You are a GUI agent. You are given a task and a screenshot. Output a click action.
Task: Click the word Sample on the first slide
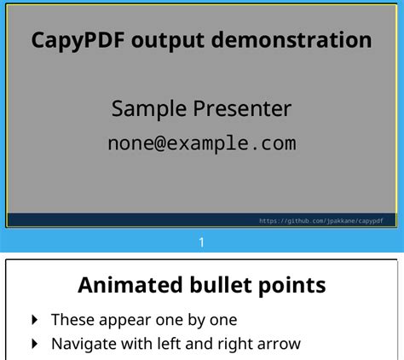coord(148,110)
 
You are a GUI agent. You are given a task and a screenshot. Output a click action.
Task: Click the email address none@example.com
coord(201,142)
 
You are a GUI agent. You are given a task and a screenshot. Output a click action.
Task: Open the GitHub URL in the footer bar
coord(321,221)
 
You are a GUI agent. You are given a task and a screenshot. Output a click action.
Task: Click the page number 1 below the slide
coord(201,242)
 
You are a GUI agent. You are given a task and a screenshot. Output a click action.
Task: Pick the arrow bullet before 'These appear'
coord(35,320)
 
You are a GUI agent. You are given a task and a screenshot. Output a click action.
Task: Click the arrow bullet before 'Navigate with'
coord(35,345)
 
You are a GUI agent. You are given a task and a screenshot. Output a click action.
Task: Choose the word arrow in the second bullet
coord(282,345)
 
